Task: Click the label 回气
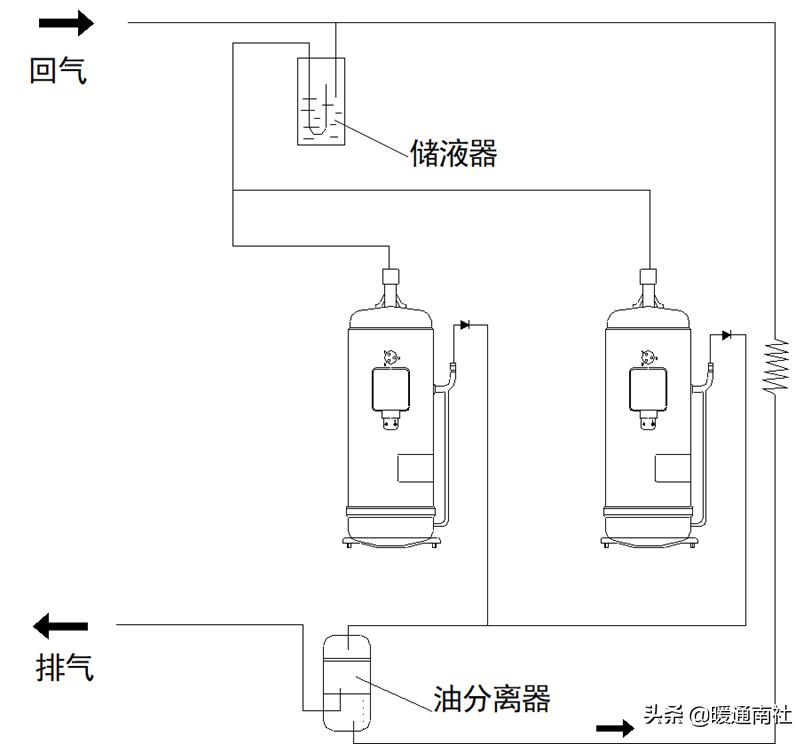click(x=58, y=71)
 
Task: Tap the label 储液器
click(x=453, y=154)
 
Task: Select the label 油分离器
click(x=492, y=697)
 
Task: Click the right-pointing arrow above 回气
click(x=68, y=21)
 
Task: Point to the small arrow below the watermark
click(x=615, y=728)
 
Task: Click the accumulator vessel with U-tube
click(x=321, y=101)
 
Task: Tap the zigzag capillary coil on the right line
click(x=776, y=366)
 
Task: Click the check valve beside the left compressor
click(x=464, y=325)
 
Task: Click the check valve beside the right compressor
click(x=727, y=334)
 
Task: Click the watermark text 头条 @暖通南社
click(x=717, y=714)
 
